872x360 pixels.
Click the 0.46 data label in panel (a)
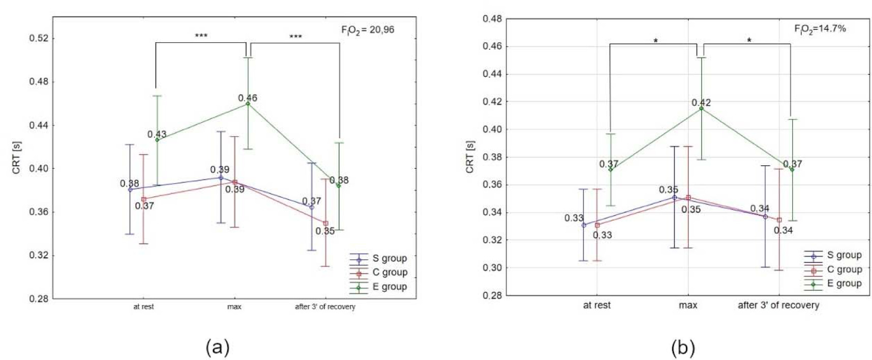click(x=248, y=98)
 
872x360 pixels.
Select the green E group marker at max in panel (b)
click(x=701, y=108)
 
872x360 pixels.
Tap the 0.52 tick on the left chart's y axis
click(x=39, y=38)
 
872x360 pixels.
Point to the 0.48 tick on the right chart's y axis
click(x=492, y=19)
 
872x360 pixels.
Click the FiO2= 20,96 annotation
click(x=368, y=30)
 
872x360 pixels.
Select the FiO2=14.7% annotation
click(x=820, y=29)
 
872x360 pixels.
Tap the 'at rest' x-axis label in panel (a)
click(x=143, y=307)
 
